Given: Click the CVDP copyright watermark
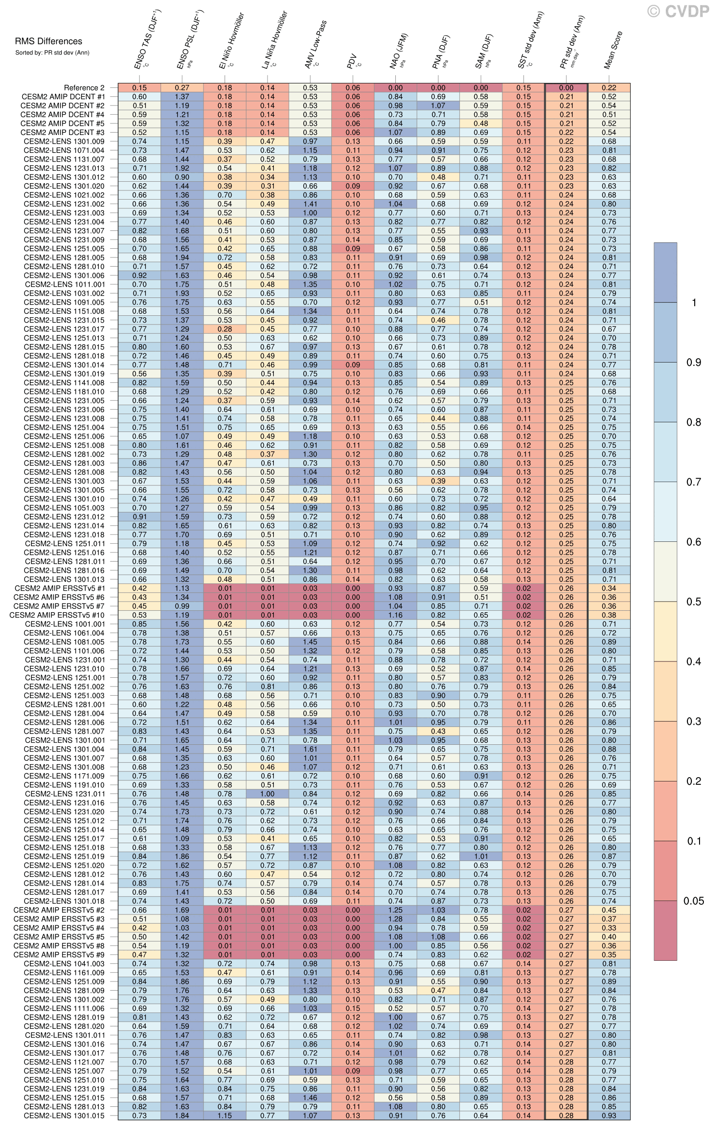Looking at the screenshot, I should point(678,12).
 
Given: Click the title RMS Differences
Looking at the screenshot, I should point(48,41).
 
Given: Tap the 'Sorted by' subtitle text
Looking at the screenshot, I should point(52,53).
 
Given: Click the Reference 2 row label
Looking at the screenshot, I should point(84,88).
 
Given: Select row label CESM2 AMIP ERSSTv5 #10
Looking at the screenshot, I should point(57,615).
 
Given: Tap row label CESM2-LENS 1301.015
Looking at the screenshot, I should point(64,1116).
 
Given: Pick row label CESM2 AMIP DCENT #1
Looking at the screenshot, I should point(63,97).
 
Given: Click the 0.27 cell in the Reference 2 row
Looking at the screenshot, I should point(182,88).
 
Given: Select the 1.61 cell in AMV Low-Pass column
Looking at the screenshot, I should point(310,749).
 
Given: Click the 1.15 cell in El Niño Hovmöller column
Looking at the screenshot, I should point(225,1116).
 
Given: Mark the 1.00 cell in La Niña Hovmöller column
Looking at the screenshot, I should point(267,794).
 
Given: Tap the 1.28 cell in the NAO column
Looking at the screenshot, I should point(395,919).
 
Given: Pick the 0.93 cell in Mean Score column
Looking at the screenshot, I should point(609,1116).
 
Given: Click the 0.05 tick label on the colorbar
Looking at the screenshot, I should point(694,901).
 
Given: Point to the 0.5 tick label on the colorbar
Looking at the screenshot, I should point(694,602).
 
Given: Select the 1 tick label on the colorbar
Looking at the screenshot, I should point(694,303).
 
